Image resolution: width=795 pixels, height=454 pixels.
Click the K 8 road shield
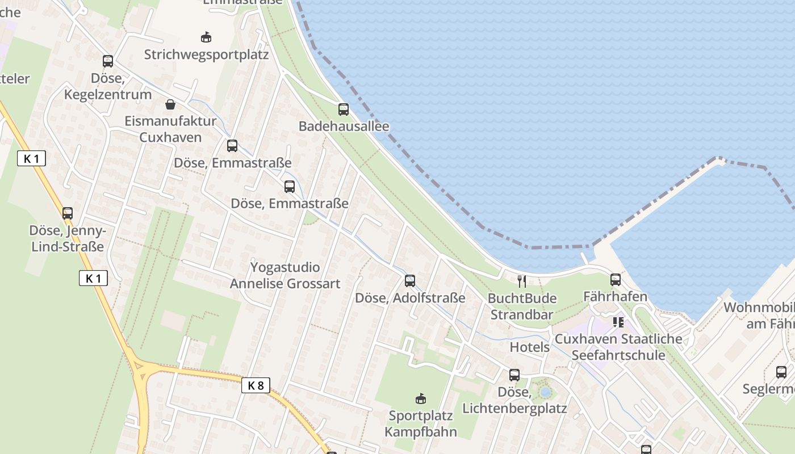[x=256, y=385]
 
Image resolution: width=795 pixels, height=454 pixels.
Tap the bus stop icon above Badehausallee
[x=344, y=110]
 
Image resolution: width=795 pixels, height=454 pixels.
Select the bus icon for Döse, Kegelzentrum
[x=108, y=61]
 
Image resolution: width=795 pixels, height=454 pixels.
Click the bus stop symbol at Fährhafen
[x=616, y=279]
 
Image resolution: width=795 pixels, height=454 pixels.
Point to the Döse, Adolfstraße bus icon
[x=410, y=280]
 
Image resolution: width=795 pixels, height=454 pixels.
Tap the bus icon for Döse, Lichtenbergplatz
[x=514, y=375]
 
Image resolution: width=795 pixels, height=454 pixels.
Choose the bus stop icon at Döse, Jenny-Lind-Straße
[x=68, y=213]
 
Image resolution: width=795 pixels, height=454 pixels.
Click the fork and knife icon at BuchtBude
[x=522, y=281]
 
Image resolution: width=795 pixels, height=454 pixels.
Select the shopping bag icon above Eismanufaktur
[x=170, y=104]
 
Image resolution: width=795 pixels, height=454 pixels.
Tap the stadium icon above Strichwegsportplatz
[x=206, y=37]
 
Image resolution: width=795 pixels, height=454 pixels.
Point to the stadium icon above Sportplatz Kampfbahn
[x=421, y=398]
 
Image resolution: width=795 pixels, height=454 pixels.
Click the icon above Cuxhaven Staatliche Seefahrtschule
[x=618, y=322]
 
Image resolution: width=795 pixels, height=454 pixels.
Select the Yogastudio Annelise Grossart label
[x=285, y=275]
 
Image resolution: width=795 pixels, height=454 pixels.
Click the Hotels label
[x=530, y=347]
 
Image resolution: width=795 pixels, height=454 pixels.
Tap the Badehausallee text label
[x=344, y=126]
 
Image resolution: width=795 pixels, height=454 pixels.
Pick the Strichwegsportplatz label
[x=206, y=54]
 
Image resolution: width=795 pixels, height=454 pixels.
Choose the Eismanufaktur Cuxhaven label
[x=170, y=129]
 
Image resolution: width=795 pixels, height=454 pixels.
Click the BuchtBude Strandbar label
[x=522, y=306]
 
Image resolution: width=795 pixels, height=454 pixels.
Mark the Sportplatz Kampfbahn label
[x=421, y=423]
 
